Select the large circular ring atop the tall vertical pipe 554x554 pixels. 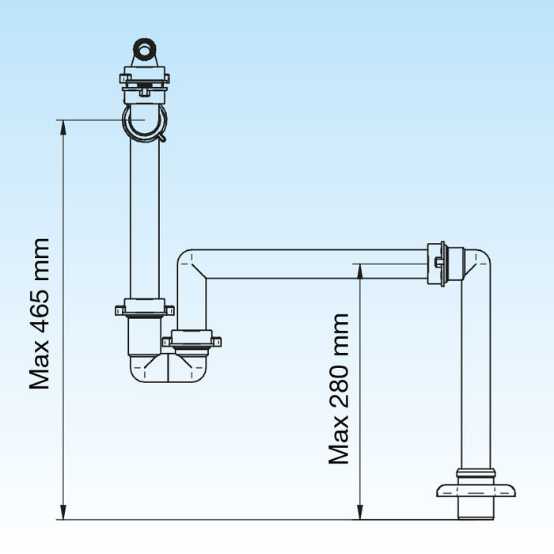coord(144,123)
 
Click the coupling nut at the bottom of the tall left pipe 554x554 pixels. coord(144,308)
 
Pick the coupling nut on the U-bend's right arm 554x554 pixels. coord(192,341)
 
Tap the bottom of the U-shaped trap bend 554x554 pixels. coord(168,372)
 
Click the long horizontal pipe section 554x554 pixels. coord(317,264)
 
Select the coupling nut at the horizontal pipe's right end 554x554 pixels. coord(438,264)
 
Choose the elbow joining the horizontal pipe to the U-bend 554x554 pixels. coord(191,266)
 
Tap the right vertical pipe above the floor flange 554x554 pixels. coord(476,380)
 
